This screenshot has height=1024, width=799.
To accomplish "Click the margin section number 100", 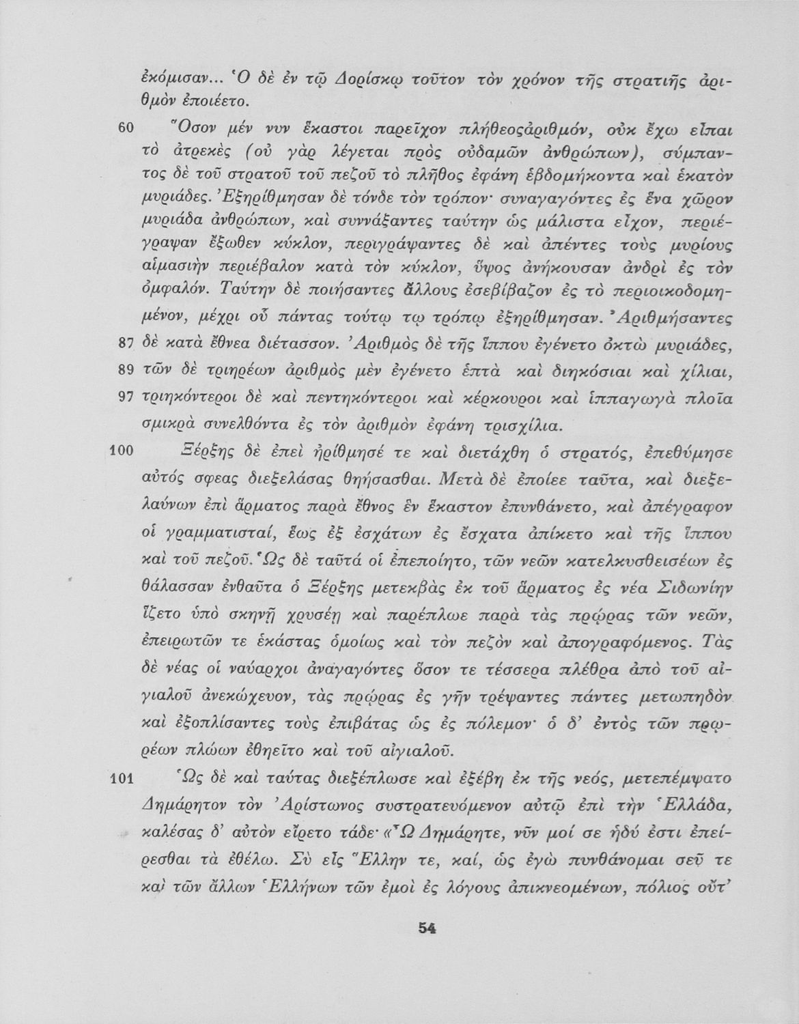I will point(119,452).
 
